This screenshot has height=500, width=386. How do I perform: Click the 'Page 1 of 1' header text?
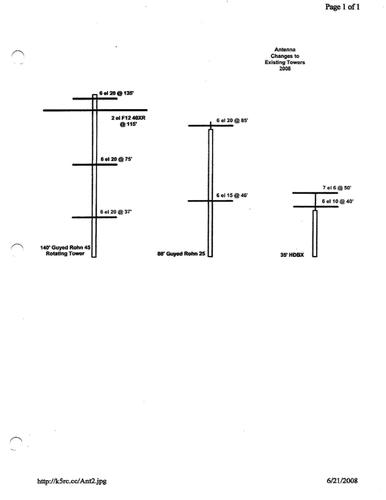343,6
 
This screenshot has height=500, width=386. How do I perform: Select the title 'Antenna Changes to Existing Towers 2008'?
285,59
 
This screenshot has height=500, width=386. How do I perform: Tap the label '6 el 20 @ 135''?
116,93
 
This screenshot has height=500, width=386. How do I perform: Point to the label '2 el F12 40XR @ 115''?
128,121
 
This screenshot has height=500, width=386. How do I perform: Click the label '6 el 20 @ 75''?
116,159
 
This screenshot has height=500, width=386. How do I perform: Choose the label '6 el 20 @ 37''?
116,212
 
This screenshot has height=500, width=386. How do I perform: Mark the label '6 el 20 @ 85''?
232,120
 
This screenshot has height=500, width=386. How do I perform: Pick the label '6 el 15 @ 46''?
232,195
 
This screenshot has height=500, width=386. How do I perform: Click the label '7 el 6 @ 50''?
337,188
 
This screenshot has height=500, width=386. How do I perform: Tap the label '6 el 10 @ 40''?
338,202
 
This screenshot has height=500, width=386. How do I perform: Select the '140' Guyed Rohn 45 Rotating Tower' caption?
65,251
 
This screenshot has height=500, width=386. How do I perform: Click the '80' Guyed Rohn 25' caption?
181,254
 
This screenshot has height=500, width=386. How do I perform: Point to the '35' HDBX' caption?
292,255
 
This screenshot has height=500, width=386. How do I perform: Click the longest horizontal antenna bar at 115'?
95,110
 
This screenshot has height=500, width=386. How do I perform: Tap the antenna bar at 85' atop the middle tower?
210,126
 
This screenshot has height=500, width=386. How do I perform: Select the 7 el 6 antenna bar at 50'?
315,193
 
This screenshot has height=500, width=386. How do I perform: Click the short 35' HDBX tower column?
315,233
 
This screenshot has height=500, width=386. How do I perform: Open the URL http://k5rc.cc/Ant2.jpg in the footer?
72,481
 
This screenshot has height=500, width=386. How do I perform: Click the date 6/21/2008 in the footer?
342,481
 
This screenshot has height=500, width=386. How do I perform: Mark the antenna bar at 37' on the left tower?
94,217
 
